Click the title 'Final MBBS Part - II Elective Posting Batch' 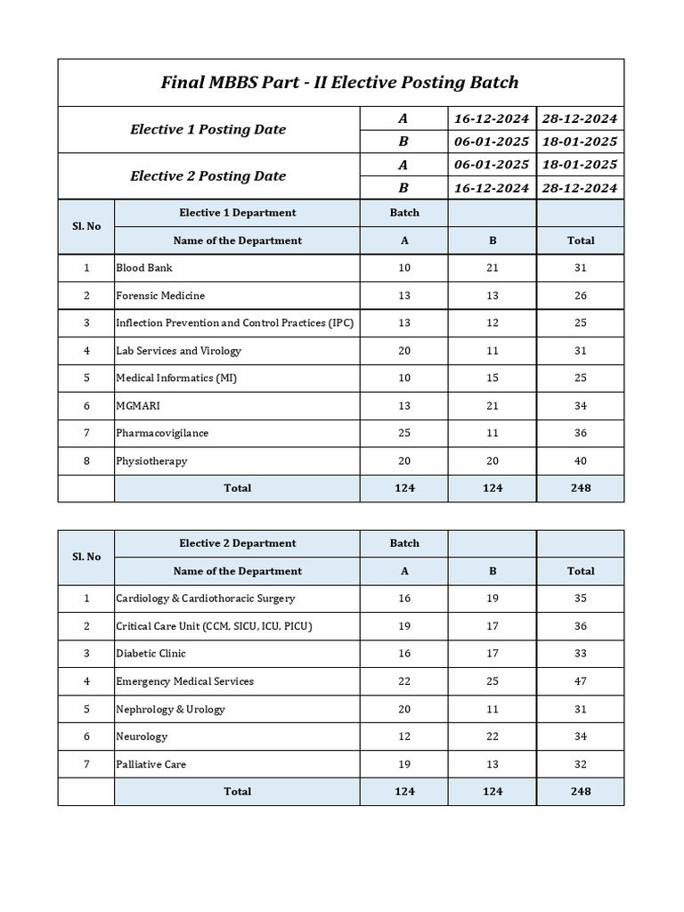click(339, 83)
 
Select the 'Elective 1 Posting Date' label click(208, 130)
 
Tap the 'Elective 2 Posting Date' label click(208, 176)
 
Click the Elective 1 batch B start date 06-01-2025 click(492, 142)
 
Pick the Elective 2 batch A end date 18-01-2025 click(580, 165)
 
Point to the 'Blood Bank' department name click(144, 268)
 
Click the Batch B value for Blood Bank click(493, 268)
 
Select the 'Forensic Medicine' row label click(160, 296)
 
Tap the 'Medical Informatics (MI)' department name click(176, 379)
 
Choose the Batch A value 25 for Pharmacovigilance click(404, 434)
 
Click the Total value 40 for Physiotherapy click(581, 461)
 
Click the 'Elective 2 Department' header click(237, 543)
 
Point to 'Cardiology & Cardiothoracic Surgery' click(206, 598)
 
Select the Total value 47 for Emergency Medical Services click(581, 681)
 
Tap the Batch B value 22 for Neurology click(493, 737)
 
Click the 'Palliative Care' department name click(151, 764)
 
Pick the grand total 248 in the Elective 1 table click(581, 488)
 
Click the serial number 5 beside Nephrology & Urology click(86, 709)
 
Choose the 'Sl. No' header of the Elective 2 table click(86, 557)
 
